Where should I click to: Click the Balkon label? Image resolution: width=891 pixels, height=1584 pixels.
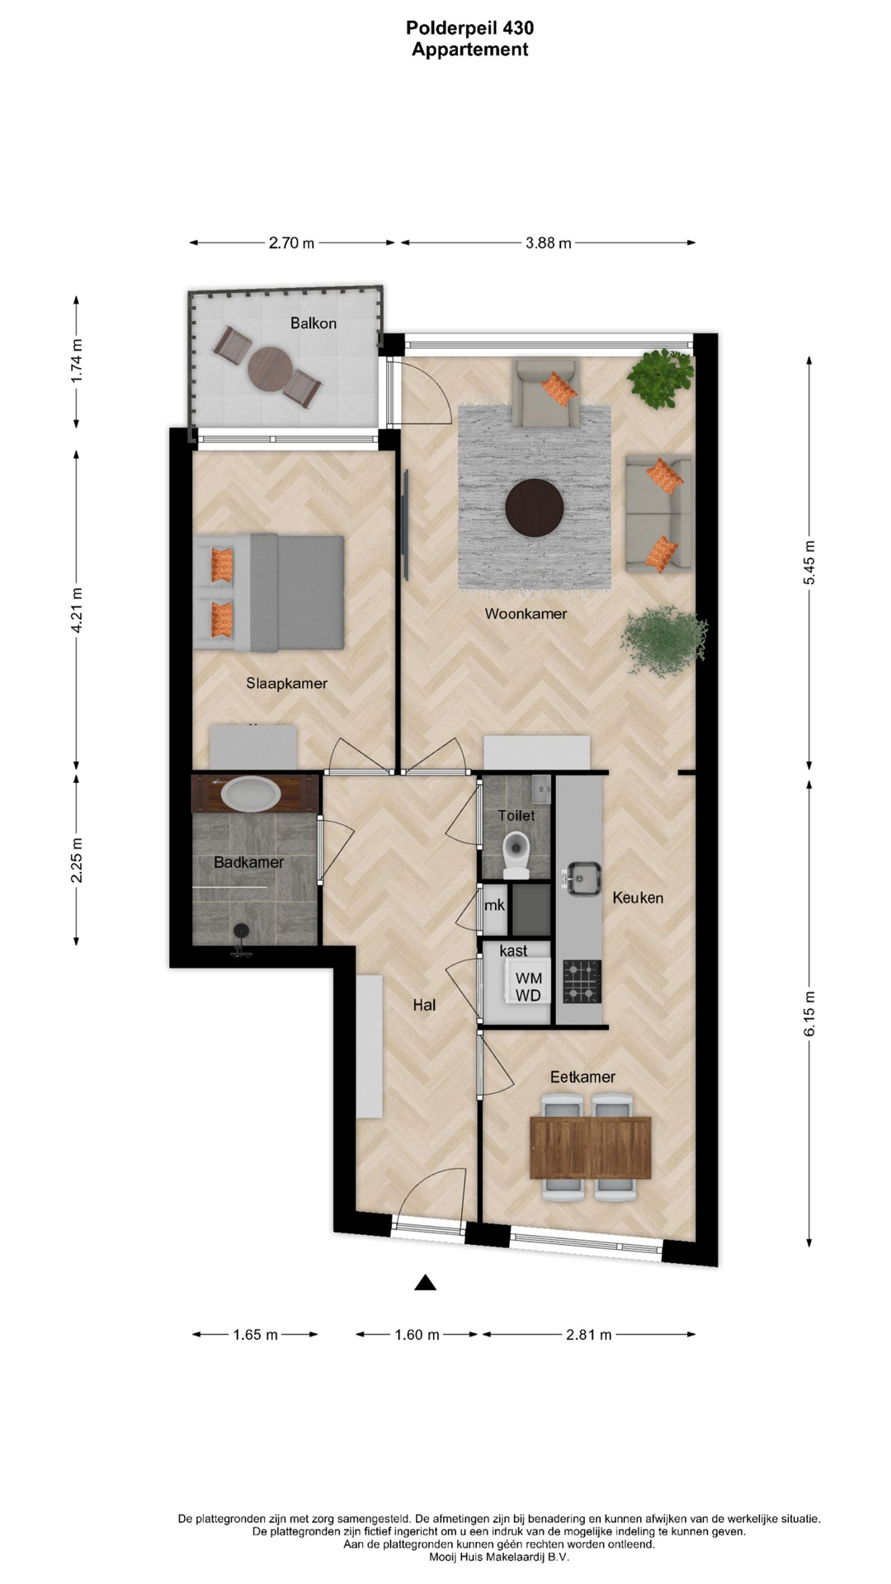(x=313, y=323)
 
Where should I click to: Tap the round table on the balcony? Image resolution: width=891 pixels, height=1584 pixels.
(x=270, y=368)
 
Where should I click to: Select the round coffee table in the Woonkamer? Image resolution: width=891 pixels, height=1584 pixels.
(x=535, y=507)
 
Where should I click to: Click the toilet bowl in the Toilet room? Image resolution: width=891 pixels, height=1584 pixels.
(x=516, y=854)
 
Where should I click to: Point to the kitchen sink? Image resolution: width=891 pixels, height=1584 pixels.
(x=582, y=879)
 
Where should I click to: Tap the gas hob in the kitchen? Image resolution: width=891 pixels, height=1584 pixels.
(x=582, y=982)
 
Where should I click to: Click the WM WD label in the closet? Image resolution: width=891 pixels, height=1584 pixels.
(x=528, y=987)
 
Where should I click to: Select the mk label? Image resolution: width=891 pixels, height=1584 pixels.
(x=494, y=905)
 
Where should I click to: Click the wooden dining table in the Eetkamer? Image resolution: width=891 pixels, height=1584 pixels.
(x=590, y=1148)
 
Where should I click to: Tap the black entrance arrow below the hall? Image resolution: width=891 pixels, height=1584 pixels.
(x=425, y=1282)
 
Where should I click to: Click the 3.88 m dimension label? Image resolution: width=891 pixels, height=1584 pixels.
(x=549, y=243)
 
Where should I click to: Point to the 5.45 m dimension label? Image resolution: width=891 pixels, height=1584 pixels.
(x=809, y=563)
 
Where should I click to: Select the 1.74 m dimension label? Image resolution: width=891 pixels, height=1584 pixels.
(x=77, y=361)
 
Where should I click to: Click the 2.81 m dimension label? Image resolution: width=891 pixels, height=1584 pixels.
(x=589, y=1335)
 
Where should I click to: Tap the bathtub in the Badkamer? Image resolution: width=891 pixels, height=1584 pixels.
(x=251, y=794)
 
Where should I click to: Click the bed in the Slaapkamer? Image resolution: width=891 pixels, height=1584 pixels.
(x=269, y=592)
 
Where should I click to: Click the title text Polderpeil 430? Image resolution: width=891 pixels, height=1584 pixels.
(x=469, y=28)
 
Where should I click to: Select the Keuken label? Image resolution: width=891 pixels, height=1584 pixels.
(x=638, y=898)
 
